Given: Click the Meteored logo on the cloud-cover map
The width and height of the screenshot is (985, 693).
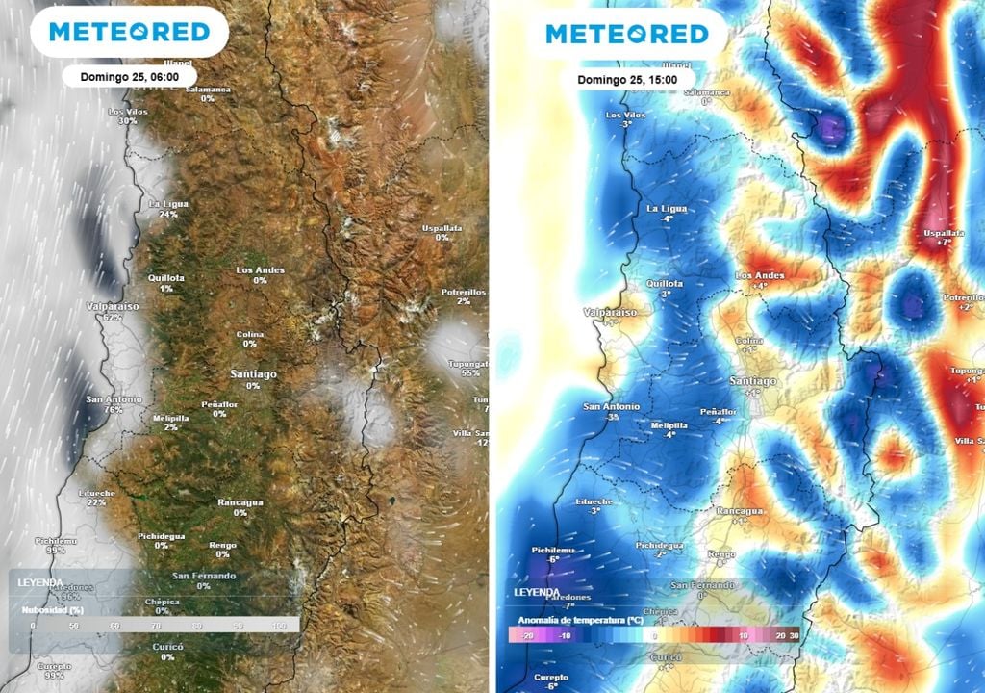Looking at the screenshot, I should pos(129,33).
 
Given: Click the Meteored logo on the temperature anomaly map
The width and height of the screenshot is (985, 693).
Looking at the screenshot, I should pos(626,35).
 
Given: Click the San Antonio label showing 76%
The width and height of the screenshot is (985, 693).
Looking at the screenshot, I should pos(114,404).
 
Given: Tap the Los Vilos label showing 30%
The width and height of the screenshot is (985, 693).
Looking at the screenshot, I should pos(128,116).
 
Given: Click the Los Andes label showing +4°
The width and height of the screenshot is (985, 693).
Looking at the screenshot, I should pos(759,280).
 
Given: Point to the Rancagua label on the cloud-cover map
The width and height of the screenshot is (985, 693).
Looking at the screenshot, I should pos(240,506).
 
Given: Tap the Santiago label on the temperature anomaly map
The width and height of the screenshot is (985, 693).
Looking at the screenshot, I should pos(752,386).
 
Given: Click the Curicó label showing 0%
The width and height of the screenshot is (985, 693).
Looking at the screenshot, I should pos(167,652).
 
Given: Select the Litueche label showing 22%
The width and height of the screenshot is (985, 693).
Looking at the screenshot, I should pos(96,498).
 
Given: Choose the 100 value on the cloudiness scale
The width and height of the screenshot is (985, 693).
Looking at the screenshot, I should pos(280,626).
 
